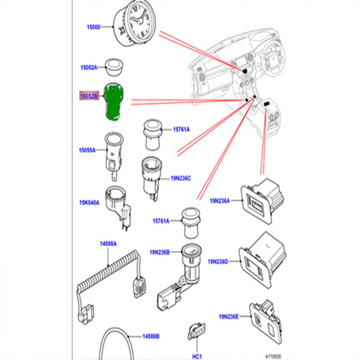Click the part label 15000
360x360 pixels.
click(93, 27)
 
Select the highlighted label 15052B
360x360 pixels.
click(89, 96)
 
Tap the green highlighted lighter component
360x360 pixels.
click(113, 102)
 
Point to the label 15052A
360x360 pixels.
click(88, 68)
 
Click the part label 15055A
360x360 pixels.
click(87, 150)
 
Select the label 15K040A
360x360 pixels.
click(89, 202)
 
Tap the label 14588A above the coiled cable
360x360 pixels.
click(108, 244)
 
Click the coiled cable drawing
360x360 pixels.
click(107, 277)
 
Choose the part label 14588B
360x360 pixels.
click(151, 337)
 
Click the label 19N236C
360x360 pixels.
click(181, 179)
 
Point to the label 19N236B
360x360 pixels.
click(159, 252)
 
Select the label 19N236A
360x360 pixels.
click(220, 201)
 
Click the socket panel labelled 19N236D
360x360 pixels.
click(262, 258)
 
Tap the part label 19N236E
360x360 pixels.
click(229, 317)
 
